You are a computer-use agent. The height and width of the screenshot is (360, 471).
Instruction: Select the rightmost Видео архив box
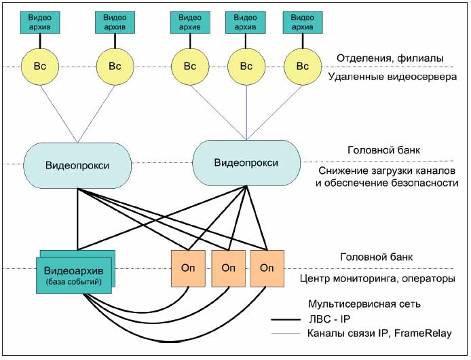click(x=301, y=21)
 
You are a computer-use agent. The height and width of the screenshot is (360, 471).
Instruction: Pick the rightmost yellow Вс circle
click(x=301, y=66)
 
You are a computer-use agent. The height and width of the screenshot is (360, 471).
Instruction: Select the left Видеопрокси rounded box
click(x=77, y=166)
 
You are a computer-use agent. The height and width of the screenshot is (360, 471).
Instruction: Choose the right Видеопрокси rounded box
click(x=246, y=162)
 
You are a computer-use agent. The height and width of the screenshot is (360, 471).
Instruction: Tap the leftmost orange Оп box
click(x=187, y=267)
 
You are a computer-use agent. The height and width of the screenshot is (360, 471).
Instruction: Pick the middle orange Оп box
click(x=228, y=267)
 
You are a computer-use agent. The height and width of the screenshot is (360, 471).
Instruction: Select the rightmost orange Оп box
click(x=267, y=267)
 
